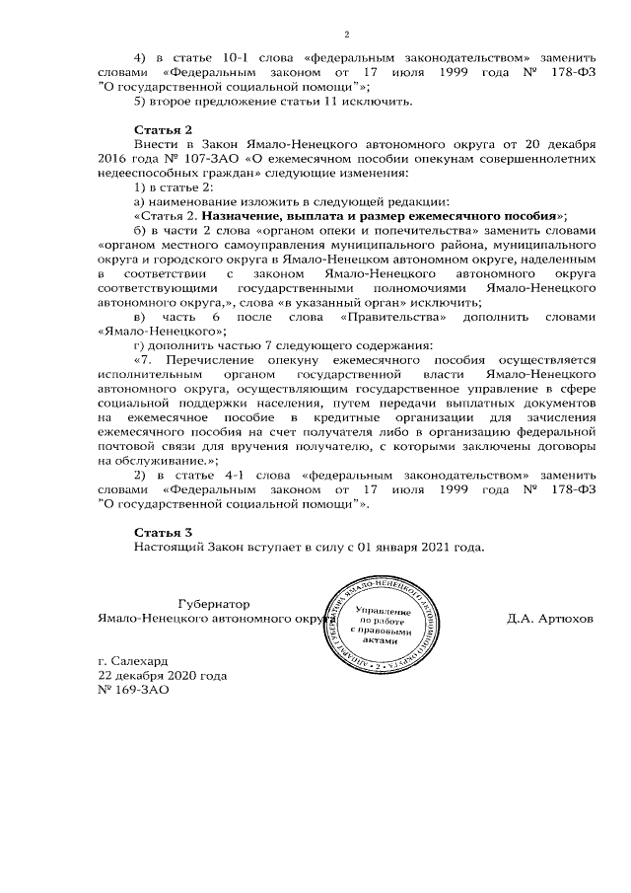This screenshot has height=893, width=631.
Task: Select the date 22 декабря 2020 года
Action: pyautogui.click(x=162, y=676)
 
